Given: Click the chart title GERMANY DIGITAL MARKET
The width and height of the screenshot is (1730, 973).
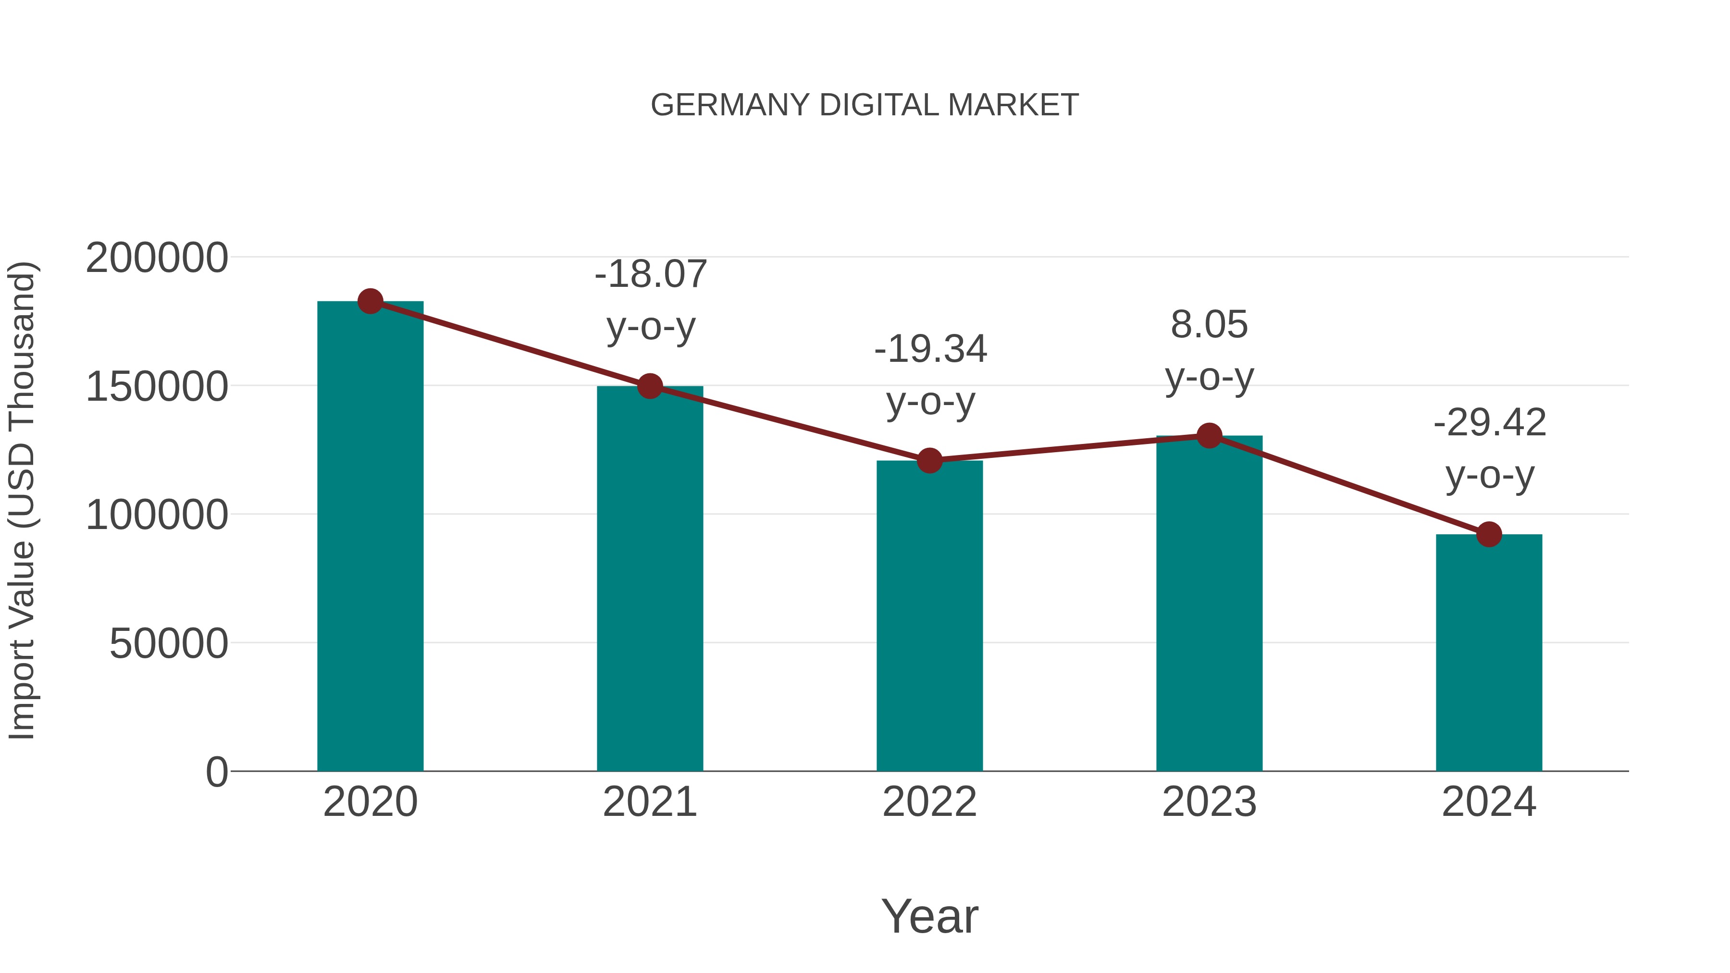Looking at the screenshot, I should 865,105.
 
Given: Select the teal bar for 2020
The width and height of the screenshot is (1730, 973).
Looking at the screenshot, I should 370,537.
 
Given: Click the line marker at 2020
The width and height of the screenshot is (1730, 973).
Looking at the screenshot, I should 370,301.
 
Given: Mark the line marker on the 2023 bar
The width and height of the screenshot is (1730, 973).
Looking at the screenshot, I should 1209,436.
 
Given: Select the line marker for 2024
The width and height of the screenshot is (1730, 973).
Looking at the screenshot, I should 1489,534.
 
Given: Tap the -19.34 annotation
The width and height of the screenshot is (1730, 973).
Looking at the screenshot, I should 930,349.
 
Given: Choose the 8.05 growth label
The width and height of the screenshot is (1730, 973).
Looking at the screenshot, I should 1209,324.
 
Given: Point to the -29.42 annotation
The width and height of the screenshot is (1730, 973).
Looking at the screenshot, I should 1490,423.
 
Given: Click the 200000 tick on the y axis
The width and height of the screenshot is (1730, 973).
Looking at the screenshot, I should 157,258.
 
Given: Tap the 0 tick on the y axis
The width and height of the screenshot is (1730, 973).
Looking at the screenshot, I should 217,772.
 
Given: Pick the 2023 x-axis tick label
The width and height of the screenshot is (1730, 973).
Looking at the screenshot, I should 1209,802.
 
